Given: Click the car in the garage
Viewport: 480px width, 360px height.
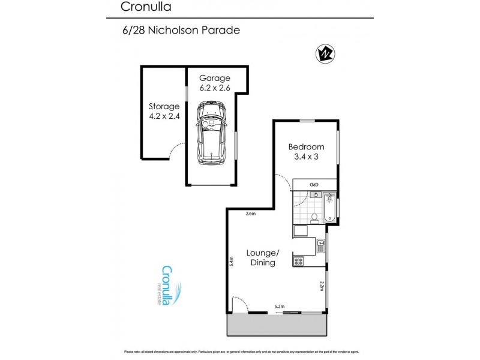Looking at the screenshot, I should (211, 133).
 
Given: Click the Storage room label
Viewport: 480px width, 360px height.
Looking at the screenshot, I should (164, 112).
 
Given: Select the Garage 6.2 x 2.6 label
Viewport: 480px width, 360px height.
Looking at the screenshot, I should (215, 83).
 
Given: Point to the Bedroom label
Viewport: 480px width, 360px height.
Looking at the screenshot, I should (306, 151).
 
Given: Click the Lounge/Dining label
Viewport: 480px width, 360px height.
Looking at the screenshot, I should (262, 257).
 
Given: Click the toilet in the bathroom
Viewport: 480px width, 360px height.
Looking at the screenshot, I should (314, 217).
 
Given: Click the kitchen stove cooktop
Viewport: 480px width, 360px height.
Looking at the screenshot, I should (298, 261).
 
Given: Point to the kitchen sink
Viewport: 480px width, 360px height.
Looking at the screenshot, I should (321, 245).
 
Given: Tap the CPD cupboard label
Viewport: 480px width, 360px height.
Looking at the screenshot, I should (313, 184).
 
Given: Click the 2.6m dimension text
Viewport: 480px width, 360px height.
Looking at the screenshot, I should (251, 214).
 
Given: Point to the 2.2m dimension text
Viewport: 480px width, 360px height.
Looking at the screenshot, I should (322, 286).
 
